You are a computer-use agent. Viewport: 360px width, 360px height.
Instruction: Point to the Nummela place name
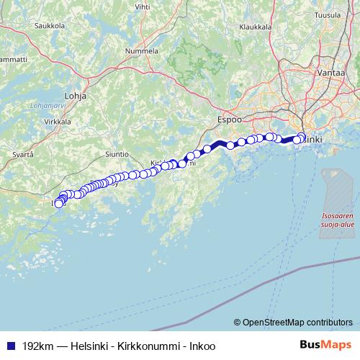142,53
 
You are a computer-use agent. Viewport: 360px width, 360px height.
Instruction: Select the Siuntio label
116,154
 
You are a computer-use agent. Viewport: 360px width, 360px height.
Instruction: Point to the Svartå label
14,154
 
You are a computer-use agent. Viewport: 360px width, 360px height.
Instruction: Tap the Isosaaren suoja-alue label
337,220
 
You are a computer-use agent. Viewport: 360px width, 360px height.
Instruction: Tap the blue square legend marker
11,346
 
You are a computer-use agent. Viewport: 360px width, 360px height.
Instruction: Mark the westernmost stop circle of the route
59,204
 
